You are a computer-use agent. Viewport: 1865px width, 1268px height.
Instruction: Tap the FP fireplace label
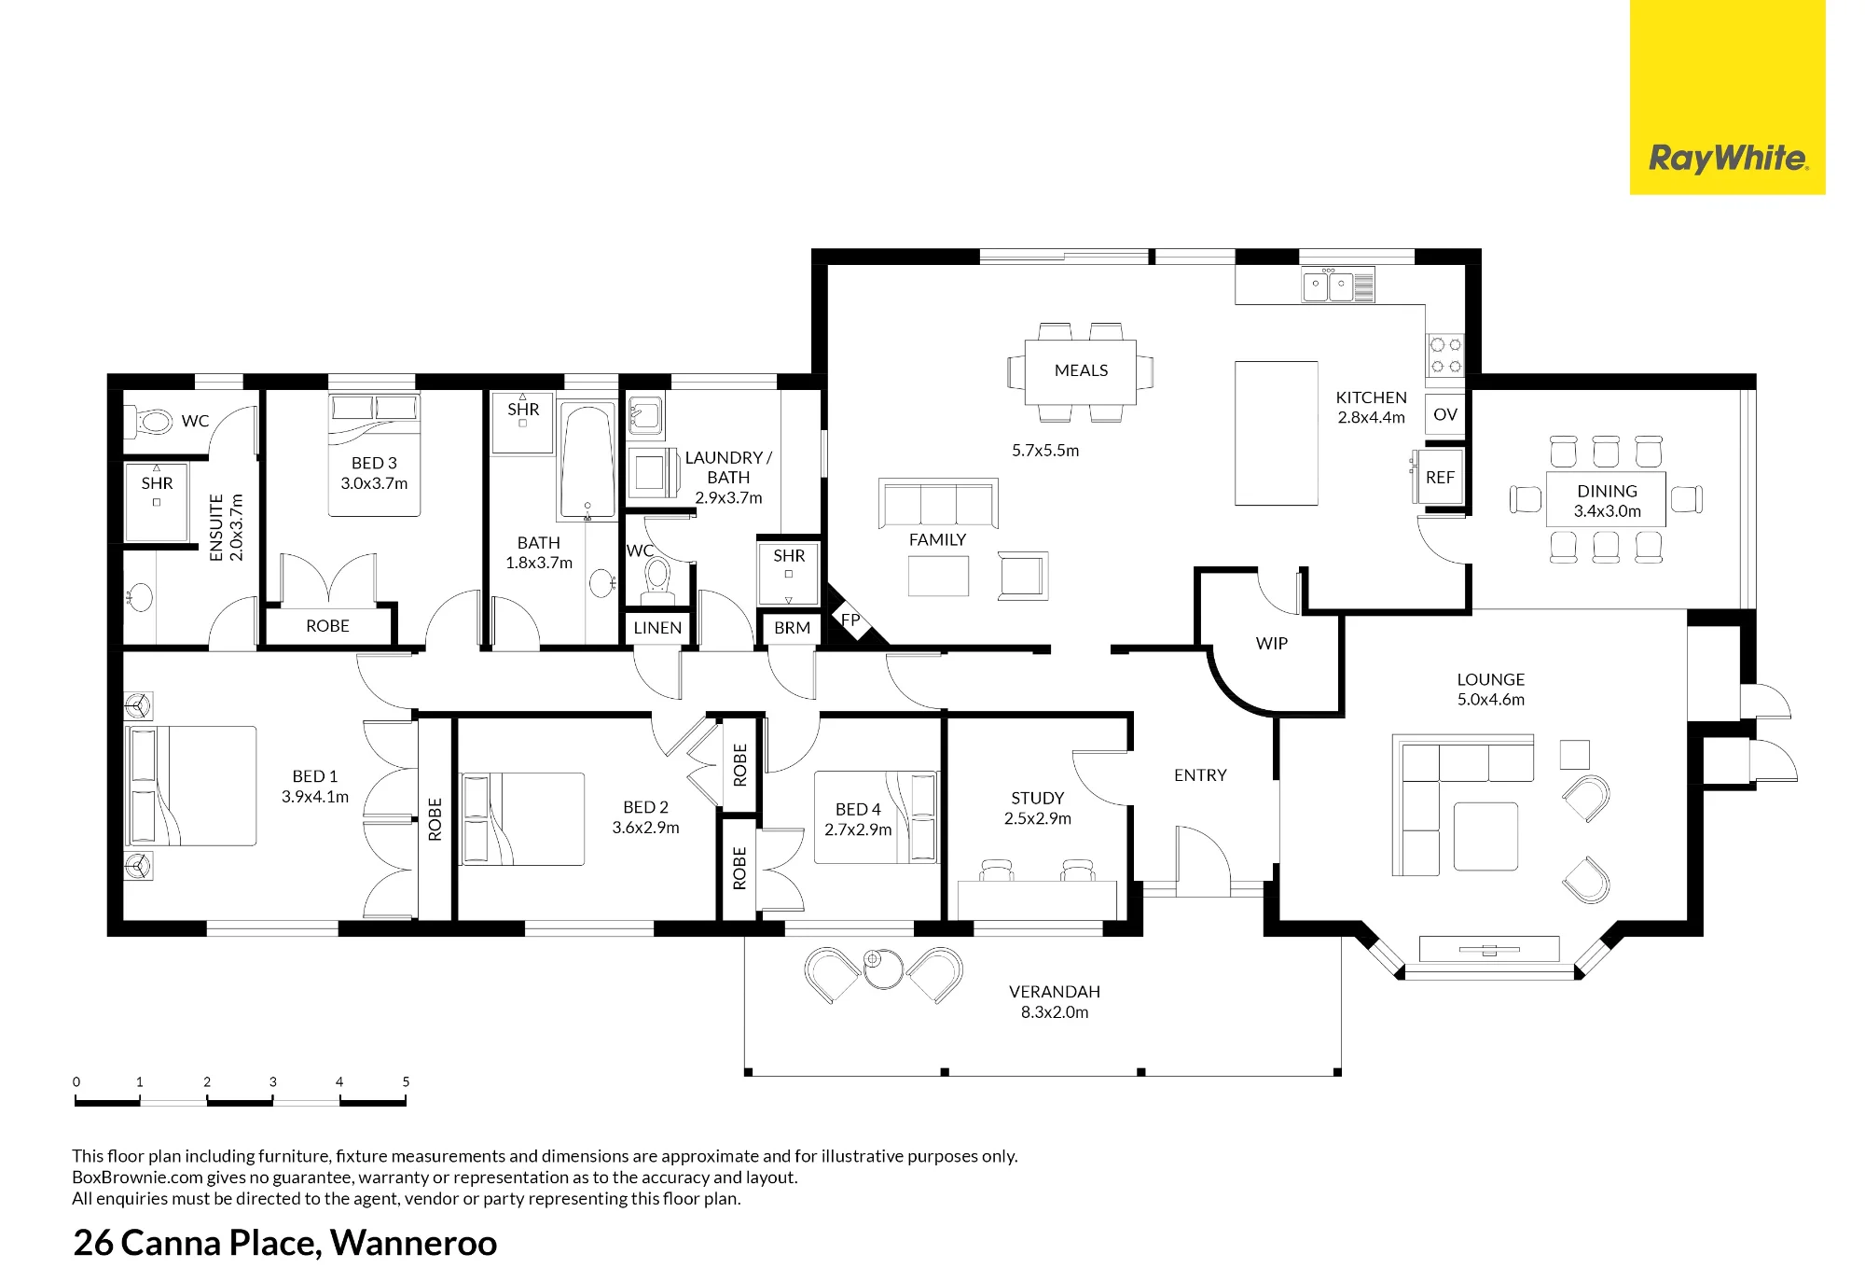pyautogui.click(x=850, y=620)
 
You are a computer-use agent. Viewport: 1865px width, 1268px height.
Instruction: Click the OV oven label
pyautogui.click(x=1445, y=414)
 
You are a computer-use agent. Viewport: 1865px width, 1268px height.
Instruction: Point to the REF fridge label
pyautogui.click(x=1440, y=478)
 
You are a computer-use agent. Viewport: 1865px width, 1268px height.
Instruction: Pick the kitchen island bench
pyautogui.click(x=1277, y=433)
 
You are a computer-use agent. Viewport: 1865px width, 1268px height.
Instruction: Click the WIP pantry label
pyautogui.click(x=1272, y=644)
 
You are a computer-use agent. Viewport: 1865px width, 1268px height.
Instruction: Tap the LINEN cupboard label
pyautogui.click(x=657, y=628)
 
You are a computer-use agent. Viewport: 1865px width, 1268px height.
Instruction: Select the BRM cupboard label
pyautogui.click(x=792, y=628)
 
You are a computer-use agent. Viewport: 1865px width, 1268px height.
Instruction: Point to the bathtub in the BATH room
pyautogui.click(x=587, y=460)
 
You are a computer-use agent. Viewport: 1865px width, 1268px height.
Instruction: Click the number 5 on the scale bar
pyautogui.click(x=406, y=1082)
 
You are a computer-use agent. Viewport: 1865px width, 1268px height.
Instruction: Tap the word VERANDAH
pyautogui.click(x=1055, y=992)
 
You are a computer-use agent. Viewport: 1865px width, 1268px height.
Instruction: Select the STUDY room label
pyautogui.click(x=1038, y=799)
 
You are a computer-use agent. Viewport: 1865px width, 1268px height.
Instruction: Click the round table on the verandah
pyautogui.click(x=882, y=968)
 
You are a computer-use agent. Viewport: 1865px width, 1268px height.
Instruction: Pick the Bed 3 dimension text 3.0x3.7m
pyautogui.click(x=374, y=483)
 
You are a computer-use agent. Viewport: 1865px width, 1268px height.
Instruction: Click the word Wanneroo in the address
pyautogui.click(x=414, y=1243)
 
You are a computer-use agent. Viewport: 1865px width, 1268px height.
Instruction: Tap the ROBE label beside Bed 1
pyautogui.click(x=435, y=819)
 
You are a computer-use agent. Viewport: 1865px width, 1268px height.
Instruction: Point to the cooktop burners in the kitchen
pyautogui.click(x=1445, y=355)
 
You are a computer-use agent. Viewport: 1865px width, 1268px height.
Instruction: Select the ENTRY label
pyautogui.click(x=1200, y=775)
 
